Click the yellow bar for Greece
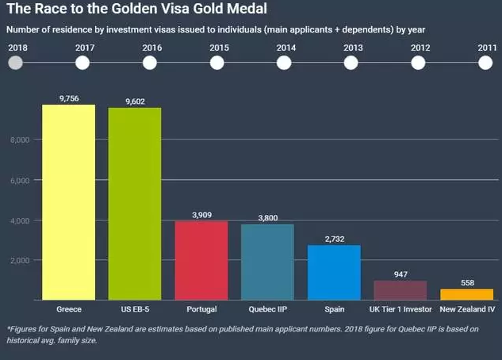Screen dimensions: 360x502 [68, 202]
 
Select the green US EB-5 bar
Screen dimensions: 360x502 [135, 204]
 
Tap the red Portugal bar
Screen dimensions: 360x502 [201, 260]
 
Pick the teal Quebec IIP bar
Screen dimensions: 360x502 [267, 262]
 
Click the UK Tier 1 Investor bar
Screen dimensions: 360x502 [400, 290]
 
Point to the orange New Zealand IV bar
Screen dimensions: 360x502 [466, 294]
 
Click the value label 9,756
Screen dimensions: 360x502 [69, 98]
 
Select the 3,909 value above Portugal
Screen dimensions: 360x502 [201, 215]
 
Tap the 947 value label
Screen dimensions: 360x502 [400, 274]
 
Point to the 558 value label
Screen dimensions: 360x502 [466, 282]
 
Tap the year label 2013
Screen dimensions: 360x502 [354, 48]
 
